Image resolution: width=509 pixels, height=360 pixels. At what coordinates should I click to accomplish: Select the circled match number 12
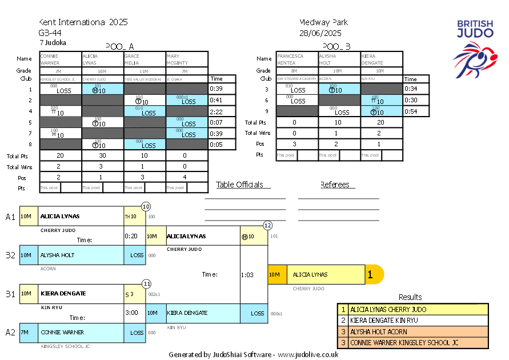point(267,225)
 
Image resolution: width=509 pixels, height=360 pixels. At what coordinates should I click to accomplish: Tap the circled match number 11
point(147,283)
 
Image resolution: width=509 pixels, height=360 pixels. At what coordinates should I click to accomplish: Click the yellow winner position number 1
point(370,275)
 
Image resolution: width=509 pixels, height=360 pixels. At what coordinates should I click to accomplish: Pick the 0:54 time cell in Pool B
point(411,111)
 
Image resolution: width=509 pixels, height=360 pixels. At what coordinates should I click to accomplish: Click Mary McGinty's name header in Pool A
point(187,59)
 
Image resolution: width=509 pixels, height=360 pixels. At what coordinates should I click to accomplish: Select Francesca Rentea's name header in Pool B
point(296,59)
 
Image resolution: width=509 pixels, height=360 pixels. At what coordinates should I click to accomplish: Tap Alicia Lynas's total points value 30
point(103,155)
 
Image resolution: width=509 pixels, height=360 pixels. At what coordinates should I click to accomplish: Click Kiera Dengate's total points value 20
point(381,122)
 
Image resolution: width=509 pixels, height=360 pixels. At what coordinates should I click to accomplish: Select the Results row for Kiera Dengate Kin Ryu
point(412,321)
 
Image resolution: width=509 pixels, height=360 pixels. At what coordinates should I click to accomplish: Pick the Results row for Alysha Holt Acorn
point(412,331)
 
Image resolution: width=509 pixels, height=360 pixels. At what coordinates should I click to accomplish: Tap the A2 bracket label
point(11,332)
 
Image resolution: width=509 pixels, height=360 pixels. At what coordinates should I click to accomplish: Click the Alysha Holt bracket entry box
point(81,255)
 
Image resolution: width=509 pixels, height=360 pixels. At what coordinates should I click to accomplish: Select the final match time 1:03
point(247,275)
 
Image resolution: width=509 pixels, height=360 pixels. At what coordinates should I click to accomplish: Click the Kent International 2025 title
point(83,22)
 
